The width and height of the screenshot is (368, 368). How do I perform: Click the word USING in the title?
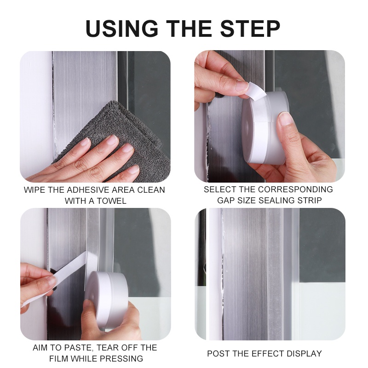[122, 29]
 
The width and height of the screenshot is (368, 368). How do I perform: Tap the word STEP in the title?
[250, 29]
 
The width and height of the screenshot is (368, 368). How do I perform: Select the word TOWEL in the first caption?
[111, 201]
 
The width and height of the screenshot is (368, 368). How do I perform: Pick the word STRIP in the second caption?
[310, 201]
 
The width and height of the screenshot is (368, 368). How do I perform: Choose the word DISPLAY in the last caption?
[301, 353]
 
